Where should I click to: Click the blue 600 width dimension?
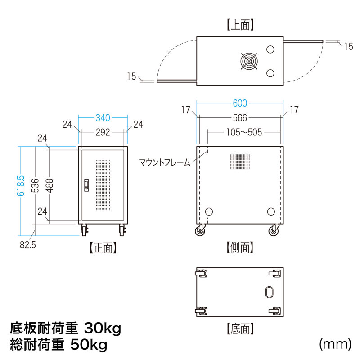[x=240, y=103]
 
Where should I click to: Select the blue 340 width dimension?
[x=103, y=118]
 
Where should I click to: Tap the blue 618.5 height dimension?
[x=21, y=186]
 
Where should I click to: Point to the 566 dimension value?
[x=240, y=118]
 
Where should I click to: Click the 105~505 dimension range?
[x=244, y=132]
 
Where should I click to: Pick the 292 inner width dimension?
[x=103, y=132]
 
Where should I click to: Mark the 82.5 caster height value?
[x=28, y=245]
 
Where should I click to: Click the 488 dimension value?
[x=49, y=185]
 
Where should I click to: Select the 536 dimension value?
[x=35, y=185]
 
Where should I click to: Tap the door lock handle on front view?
[x=86, y=185]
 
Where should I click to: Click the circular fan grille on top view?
[x=249, y=61]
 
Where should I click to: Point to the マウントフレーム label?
[x=165, y=162]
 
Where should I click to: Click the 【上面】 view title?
[x=240, y=25]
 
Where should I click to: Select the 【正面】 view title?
[x=103, y=248]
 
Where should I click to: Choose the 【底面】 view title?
[x=240, y=328]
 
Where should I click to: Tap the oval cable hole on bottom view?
[x=269, y=292]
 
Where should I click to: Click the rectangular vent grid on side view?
[x=240, y=162]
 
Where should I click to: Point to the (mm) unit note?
[x=335, y=344]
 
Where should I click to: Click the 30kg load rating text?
[x=103, y=328]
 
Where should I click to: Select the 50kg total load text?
[x=89, y=345]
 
